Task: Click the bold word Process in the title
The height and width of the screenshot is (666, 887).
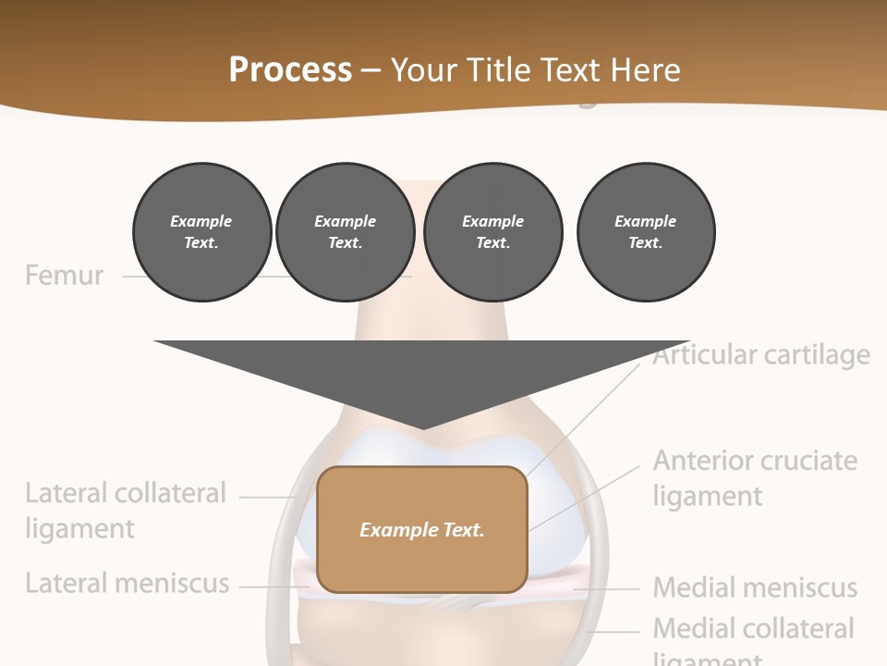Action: [x=290, y=69]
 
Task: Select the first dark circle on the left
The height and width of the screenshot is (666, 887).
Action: [x=202, y=231]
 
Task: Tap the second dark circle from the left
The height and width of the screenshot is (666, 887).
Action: [x=346, y=231]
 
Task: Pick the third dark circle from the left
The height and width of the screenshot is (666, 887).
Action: [x=493, y=231]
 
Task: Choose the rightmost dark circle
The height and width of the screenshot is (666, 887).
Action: [x=646, y=231]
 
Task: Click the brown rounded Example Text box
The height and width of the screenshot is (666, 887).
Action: [x=422, y=529]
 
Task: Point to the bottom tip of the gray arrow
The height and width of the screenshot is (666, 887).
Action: [x=422, y=427]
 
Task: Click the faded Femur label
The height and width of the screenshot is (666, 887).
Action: [x=64, y=276]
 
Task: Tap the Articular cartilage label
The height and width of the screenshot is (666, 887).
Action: [x=761, y=355]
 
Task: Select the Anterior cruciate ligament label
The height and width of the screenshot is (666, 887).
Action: [x=755, y=477]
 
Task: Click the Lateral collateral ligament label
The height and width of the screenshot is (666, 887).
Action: [x=125, y=511]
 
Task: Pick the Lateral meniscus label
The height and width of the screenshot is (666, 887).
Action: [x=127, y=584]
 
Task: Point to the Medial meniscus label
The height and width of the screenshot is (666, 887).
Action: [x=755, y=587]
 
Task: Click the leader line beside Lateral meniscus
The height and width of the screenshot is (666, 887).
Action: [x=268, y=586]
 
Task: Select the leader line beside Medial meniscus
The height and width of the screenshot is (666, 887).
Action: [x=610, y=588]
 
